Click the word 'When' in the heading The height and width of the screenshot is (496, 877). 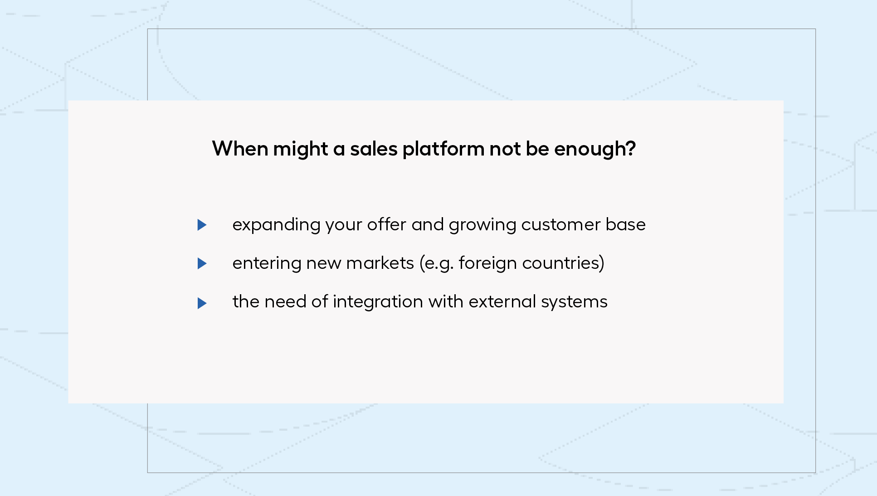click(x=240, y=149)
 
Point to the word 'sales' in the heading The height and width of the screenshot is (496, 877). click(x=374, y=149)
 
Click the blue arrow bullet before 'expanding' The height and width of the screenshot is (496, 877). click(x=202, y=225)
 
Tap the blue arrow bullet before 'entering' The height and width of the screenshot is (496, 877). click(x=202, y=263)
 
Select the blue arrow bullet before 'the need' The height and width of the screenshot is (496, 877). click(x=202, y=303)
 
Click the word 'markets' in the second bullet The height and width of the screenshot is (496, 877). click(x=380, y=263)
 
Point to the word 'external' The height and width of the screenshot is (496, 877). click(x=502, y=301)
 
